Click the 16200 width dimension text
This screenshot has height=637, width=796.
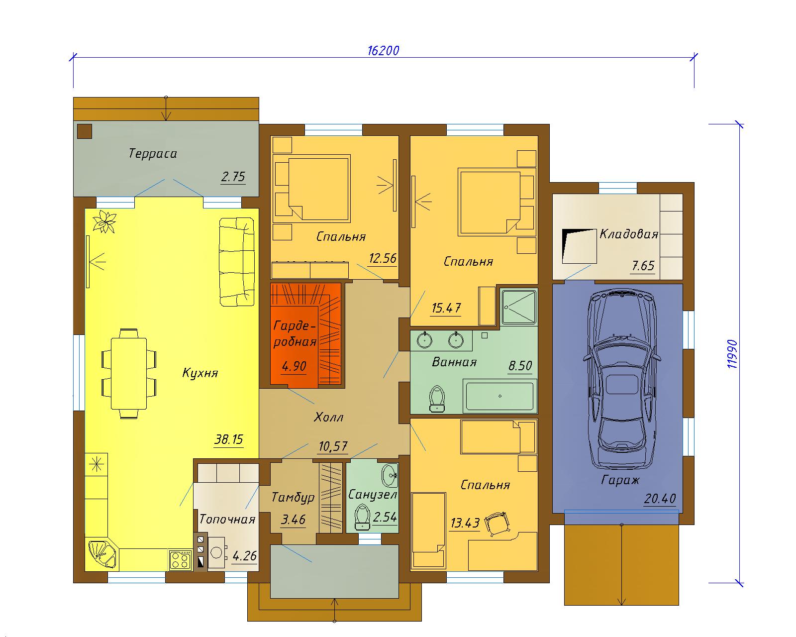click(383, 50)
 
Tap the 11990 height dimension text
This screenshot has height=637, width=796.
click(732, 354)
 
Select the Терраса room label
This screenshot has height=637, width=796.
click(153, 153)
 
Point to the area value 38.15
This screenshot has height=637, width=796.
click(229, 439)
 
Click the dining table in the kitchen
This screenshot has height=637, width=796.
click(129, 373)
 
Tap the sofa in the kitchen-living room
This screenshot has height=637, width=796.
click(237, 262)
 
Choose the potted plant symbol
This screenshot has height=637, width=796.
click(104, 222)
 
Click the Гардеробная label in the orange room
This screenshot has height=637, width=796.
click(295, 333)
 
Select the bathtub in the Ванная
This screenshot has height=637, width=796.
click(499, 396)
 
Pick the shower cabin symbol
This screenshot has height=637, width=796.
click(518, 307)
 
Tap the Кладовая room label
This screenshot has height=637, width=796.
click(629, 234)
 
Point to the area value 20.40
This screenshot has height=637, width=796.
click(660, 499)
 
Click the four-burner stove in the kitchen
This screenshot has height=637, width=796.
click(181, 560)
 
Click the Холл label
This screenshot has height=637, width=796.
click(328, 418)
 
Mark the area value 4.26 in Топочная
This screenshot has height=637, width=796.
click(244, 555)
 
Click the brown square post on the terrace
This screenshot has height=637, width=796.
click(85, 131)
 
